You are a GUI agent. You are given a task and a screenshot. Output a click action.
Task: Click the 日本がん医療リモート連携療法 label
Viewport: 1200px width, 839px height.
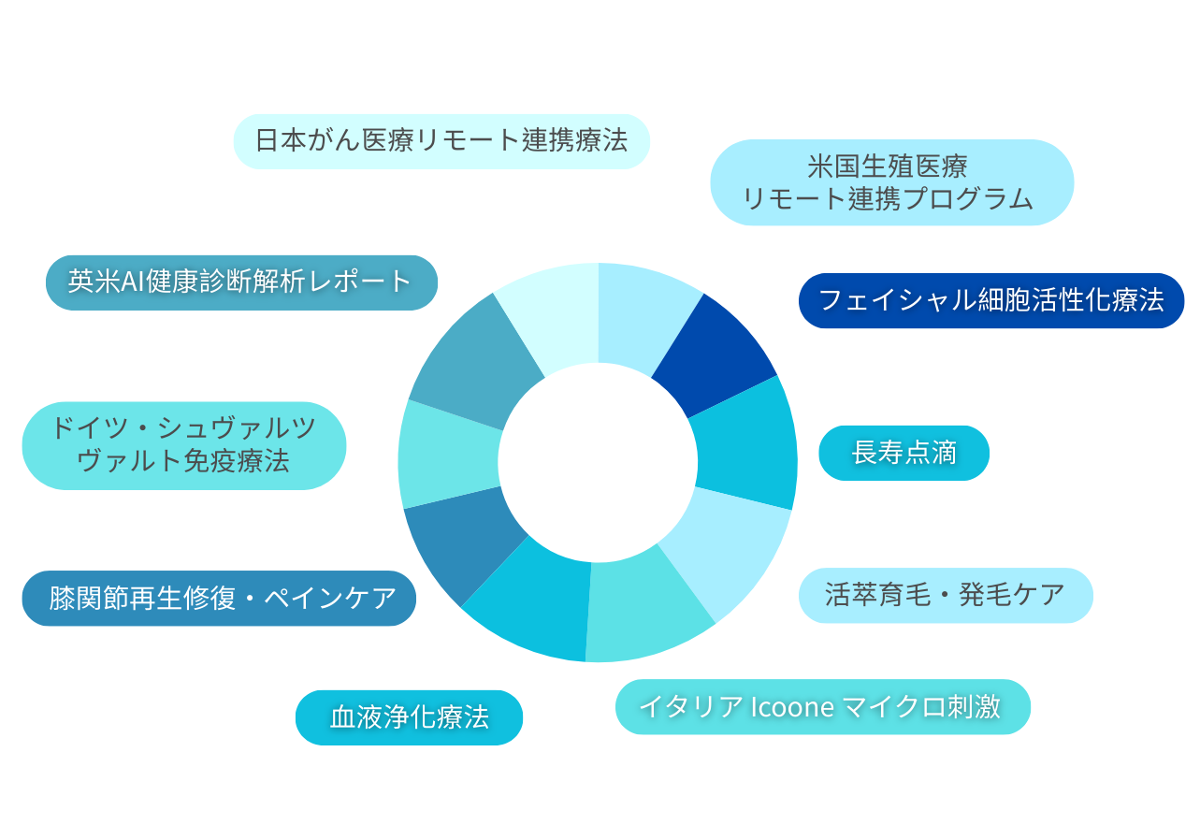[x=441, y=141]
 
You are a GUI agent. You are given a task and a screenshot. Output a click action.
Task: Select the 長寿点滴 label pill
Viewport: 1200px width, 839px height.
[x=904, y=453]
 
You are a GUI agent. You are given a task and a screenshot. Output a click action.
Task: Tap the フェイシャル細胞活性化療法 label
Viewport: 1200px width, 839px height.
[x=990, y=300]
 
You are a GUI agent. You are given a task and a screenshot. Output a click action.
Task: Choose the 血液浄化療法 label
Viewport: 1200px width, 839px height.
[x=409, y=717]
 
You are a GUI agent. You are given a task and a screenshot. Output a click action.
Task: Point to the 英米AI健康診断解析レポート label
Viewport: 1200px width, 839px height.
[x=241, y=282]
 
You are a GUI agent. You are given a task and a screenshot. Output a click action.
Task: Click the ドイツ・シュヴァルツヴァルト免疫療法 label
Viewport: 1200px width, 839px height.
[x=183, y=445]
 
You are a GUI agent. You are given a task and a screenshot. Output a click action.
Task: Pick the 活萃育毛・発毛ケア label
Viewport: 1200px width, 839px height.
[x=945, y=595]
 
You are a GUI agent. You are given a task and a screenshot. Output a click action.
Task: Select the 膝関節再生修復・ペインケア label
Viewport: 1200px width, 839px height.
[x=219, y=598]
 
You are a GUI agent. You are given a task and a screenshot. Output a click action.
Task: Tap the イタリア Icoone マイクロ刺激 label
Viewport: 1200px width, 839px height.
[x=822, y=706]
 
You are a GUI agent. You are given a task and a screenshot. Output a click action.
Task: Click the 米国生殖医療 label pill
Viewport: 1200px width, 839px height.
[x=891, y=182]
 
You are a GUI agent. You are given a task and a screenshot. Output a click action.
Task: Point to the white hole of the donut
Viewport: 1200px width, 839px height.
[x=598, y=462]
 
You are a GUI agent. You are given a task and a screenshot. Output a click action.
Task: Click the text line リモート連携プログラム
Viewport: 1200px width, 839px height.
[x=888, y=199]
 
